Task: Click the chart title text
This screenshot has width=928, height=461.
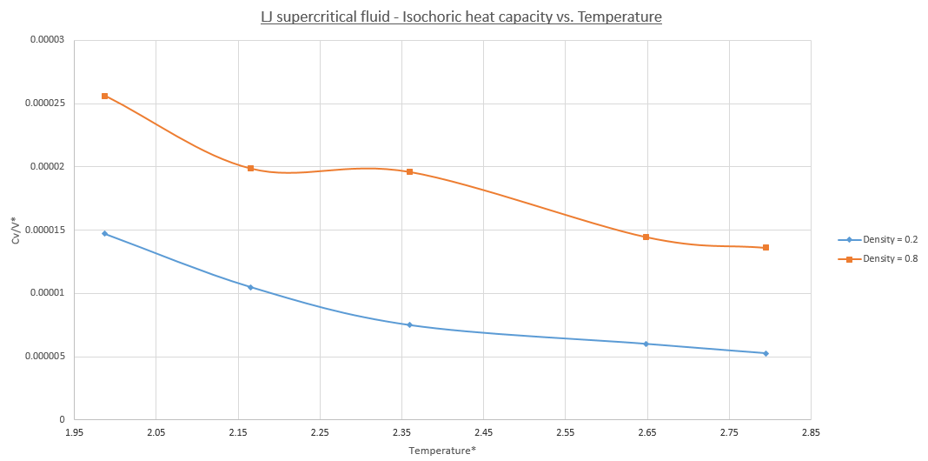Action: [x=461, y=17]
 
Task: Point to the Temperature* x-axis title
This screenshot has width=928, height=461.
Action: [x=442, y=450]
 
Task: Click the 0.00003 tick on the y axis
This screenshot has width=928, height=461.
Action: [x=49, y=41]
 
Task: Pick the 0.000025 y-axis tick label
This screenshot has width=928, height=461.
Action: [x=46, y=104]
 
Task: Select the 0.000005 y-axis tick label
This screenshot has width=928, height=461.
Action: [x=46, y=357]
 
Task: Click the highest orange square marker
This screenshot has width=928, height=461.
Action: [x=105, y=96]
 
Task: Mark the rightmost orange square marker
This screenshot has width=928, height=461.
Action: [x=766, y=248]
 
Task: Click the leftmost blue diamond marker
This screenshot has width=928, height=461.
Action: [x=105, y=233]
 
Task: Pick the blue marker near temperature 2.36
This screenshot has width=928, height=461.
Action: [x=409, y=324]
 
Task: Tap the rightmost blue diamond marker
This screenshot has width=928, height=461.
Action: [x=766, y=353]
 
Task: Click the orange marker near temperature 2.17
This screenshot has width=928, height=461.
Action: [x=250, y=168]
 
